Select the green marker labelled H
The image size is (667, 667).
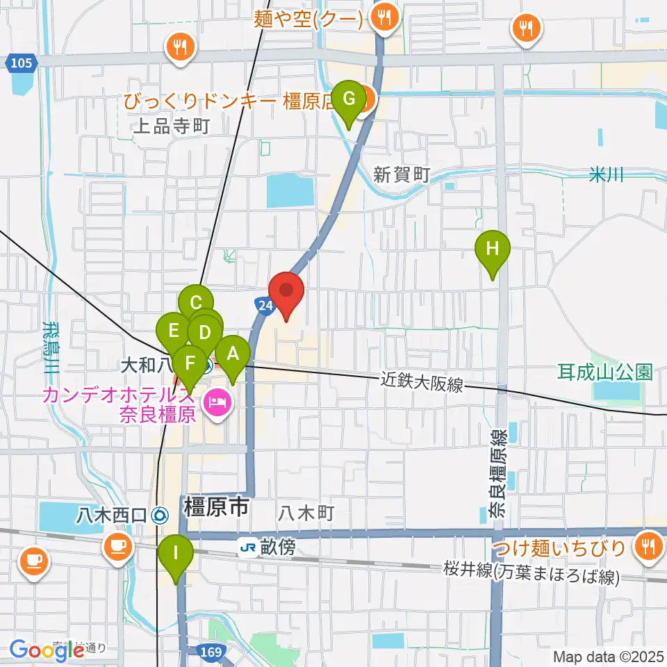tap(493, 249)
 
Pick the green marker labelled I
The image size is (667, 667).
tap(174, 554)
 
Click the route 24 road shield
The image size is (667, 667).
tap(263, 306)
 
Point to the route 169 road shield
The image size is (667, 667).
tap(212, 652)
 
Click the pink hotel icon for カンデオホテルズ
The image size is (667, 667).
tap(217, 403)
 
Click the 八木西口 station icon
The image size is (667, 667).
tap(160, 515)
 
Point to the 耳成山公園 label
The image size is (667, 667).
tap(604, 372)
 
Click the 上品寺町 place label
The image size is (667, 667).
tap(170, 126)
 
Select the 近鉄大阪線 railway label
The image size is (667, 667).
tap(422, 382)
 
